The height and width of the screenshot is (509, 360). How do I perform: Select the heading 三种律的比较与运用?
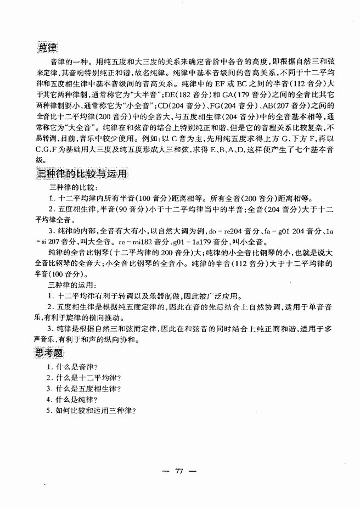point(81,174)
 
